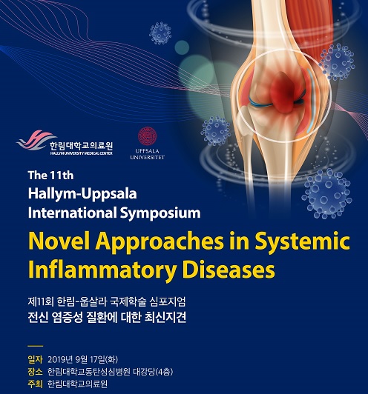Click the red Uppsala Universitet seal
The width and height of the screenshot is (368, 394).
[x=147, y=136]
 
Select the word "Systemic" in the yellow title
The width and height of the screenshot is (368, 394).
[x=302, y=242]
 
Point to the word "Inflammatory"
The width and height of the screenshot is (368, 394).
[x=102, y=270]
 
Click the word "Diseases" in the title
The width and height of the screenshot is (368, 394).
[x=229, y=270]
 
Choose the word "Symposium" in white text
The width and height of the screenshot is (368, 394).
[x=160, y=213]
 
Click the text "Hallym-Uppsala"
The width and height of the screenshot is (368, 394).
[x=82, y=194]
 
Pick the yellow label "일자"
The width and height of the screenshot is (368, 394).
[x=35, y=360]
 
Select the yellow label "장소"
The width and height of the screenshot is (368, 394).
[x=35, y=372]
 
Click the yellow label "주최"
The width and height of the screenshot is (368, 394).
[x=35, y=384]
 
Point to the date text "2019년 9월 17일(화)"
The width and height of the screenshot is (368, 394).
[x=83, y=360]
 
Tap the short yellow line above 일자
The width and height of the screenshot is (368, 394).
[x=36, y=346]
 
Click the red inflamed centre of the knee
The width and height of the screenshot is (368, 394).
[x=284, y=93]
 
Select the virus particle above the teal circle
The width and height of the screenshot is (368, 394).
[x=160, y=33]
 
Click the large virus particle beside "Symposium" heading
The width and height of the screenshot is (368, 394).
[x=327, y=193]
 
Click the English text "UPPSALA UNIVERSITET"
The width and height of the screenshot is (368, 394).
[x=147, y=154]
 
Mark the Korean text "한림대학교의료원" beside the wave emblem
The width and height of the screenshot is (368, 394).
[x=81, y=145]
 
